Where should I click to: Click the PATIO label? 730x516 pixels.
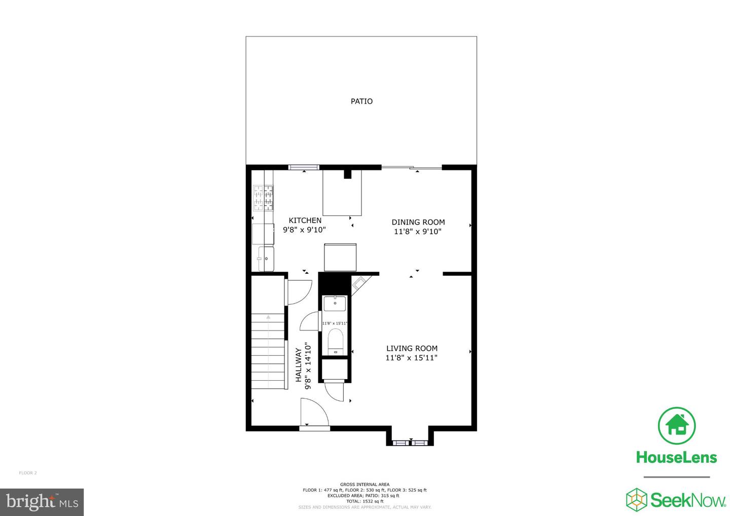(361, 101)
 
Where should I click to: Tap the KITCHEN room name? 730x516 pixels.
(305, 220)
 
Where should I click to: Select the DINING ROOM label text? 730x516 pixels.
(418, 222)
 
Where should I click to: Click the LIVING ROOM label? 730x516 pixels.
(412, 348)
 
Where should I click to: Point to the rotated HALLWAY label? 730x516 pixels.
(299, 365)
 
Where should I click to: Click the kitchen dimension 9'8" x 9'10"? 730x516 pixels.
(304, 230)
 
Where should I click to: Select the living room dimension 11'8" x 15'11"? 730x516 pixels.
(411, 358)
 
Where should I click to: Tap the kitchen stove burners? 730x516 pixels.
(263, 198)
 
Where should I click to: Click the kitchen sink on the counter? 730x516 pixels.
(265, 259)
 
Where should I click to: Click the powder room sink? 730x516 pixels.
(335, 304)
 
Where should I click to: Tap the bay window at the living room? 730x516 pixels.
(410, 443)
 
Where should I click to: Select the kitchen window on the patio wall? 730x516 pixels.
(304, 167)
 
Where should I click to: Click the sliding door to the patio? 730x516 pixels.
(411, 167)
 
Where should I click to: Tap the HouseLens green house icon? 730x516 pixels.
(676, 426)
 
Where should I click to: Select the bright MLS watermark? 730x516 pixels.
(42, 502)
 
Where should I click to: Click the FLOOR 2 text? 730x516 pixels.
(28, 473)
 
